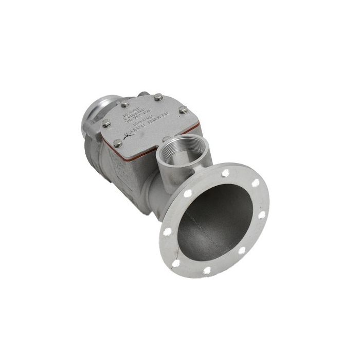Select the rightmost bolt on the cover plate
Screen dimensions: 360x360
(183, 110)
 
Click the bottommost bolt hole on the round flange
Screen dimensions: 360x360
(207, 269)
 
